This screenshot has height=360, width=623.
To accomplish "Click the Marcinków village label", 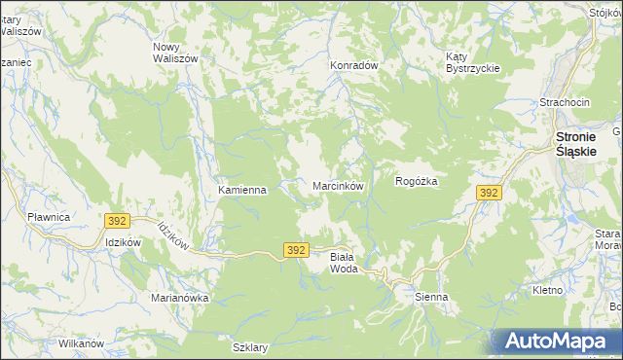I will [x=338, y=185].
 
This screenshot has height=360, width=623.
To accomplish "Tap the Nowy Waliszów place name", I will [x=176, y=53].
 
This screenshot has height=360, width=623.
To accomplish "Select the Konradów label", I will [x=353, y=65].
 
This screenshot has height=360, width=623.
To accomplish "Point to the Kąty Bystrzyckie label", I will [x=472, y=61].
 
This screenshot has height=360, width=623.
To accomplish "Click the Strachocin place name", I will [x=566, y=102].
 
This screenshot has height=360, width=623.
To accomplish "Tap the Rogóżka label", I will [x=418, y=181].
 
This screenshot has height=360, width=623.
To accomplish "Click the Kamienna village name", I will [x=242, y=190].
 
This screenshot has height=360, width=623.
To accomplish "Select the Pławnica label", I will [x=49, y=217].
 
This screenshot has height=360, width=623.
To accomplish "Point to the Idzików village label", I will [x=124, y=243].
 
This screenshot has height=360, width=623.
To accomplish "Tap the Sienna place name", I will [x=431, y=297].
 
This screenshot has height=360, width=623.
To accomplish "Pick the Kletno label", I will [x=549, y=291].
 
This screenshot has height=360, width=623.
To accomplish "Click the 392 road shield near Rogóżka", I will [x=489, y=194].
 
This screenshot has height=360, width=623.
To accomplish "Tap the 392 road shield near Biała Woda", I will [x=298, y=250].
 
